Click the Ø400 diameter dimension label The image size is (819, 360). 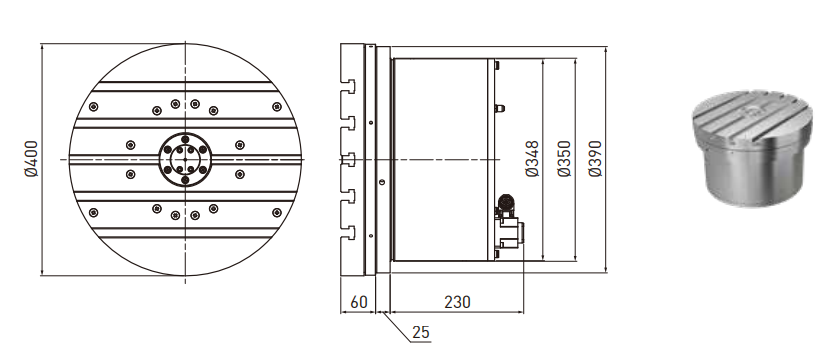click(31, 159)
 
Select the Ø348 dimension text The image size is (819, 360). click(532, 159)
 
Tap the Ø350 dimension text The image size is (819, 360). click(564, 159)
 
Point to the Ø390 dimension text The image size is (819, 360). click(595, 159)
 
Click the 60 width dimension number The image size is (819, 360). click(359, 302)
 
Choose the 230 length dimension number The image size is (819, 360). click(457, 302)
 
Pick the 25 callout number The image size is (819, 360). click(420, 332)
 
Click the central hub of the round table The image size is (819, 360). click(185, 159)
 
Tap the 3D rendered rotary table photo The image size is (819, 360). click(753, 147)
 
